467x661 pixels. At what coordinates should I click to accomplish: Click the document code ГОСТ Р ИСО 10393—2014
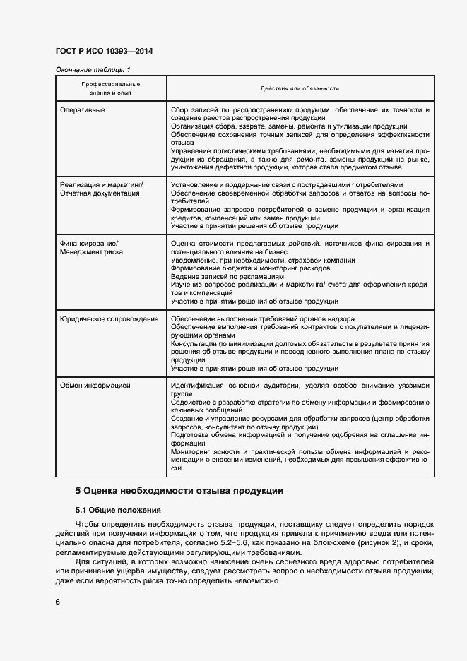point(103,52)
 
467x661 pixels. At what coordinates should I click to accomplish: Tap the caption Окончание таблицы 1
point(93,69)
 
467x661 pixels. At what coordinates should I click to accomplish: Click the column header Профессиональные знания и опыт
point(110,88)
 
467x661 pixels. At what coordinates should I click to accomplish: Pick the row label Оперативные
point(83,110)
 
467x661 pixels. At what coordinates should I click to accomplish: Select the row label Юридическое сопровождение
point(109,319)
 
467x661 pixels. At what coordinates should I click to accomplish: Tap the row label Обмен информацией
point(95,386)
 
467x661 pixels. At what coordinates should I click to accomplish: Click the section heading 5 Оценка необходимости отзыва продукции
point(179,490)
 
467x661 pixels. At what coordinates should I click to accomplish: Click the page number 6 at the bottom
point(58,602)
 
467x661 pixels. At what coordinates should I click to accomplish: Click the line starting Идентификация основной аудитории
point(300,386)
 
